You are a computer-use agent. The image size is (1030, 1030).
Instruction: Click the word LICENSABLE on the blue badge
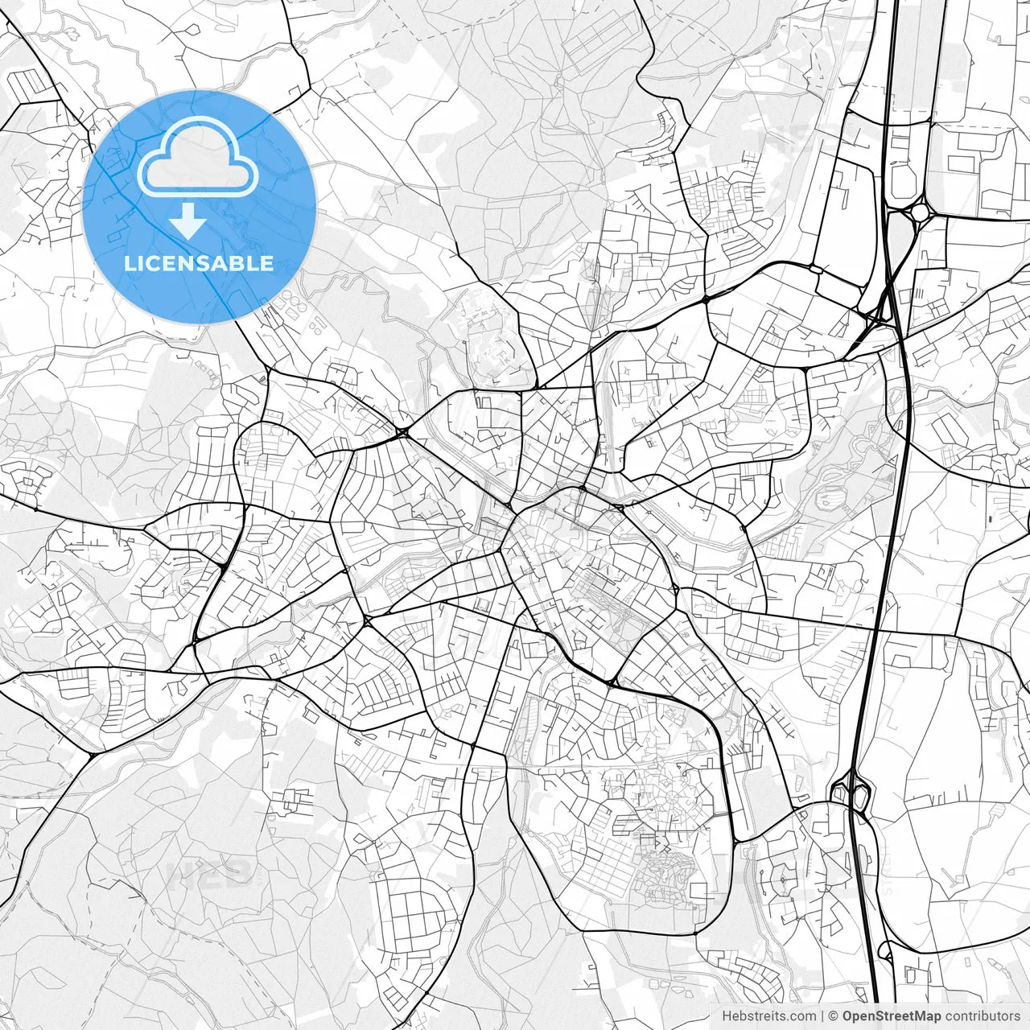tap(199, 263)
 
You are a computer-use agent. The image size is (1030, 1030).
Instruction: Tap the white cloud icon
tap(198, 156)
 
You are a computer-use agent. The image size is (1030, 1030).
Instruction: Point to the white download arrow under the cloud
tap(187, 220)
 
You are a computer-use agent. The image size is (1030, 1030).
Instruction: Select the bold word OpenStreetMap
tap(892, 1016)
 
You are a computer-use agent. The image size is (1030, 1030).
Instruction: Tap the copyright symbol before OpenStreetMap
tap(834, 1016)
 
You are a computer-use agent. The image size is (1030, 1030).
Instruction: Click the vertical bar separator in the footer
tap(822, 1016)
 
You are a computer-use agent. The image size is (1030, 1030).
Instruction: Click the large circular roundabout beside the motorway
tap(918, 212)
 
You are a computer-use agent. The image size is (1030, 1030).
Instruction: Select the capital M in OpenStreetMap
tap(917, 1016)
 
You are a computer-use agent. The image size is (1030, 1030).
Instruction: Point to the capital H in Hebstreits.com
tap(727, 1016)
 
